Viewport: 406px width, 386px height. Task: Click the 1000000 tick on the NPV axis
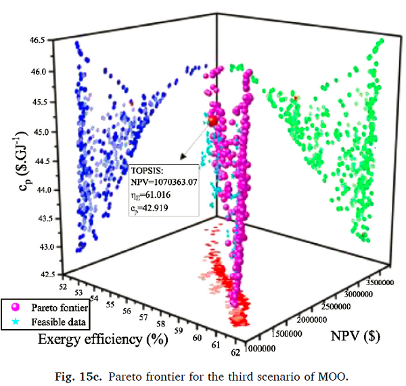[260, 349]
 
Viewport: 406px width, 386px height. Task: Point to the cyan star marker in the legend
[12, 320]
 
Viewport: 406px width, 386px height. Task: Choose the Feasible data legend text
[50, 320]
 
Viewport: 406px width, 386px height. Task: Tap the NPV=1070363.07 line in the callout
[164, 182]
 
